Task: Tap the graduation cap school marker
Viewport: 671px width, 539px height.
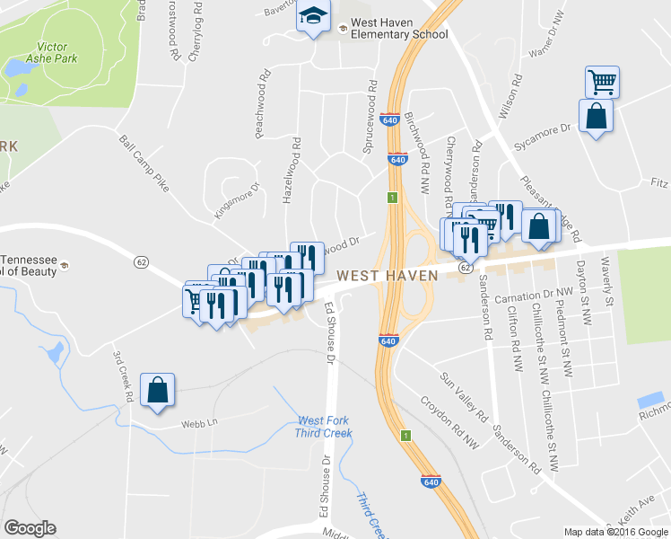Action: click(x=314, y=18)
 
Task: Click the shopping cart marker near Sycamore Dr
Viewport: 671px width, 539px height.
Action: click(x=602, y=83)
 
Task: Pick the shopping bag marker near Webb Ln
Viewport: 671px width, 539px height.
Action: click(x=157, y=391)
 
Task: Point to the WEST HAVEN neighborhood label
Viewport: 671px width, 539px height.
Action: click(x=388, y=275)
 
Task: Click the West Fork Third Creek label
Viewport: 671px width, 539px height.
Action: click(x=325, y=427)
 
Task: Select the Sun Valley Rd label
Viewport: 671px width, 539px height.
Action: click(x=463, y=397)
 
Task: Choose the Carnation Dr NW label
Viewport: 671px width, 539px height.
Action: click(x=535, y=294)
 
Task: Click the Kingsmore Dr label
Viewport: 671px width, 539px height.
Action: click(x=236, y=202)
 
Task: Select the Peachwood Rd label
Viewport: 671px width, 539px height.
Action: click(x=262, y=110)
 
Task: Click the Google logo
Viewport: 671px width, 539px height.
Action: click(x=30, y=528)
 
